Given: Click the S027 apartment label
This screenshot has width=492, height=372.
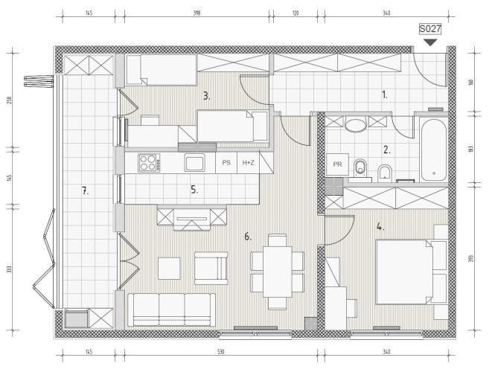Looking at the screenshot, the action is tap(430, 29).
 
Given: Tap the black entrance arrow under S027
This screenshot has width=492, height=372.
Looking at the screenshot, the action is tap(430, 42).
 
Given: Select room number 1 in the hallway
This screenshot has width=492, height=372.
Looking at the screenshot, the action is tap(385, 94).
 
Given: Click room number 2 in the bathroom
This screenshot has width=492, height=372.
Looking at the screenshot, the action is tap(387, 150).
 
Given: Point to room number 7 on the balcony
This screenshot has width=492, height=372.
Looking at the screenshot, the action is tap(85, 190).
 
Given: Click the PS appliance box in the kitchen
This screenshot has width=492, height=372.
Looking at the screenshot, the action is tap(226, 162).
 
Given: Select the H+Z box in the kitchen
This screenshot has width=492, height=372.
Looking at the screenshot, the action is tap(248, 162).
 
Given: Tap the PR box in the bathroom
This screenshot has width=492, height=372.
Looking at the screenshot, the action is tap(338, 164).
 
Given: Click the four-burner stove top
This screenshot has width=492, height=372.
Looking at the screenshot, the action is tap(149, 163).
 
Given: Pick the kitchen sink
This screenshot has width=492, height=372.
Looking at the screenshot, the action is tap(194, 162).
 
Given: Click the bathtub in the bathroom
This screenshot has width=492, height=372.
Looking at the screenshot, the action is tap(434, 150).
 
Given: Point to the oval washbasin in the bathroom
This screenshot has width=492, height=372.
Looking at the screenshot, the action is tap(356, 124).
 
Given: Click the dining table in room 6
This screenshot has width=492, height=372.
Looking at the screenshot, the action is tap(278, 272).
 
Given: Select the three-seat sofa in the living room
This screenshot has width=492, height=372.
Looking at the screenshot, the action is tap(172, 310).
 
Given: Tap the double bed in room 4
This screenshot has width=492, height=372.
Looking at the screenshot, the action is tap(404, 272).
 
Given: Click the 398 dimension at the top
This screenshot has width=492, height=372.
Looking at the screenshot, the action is tap(197, 13).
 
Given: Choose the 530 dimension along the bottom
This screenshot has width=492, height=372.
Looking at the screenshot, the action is tap(220, 352).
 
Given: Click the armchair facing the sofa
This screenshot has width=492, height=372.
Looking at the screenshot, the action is tap(211, 268).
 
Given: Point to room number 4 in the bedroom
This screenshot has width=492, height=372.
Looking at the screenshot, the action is tap(380, 226).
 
